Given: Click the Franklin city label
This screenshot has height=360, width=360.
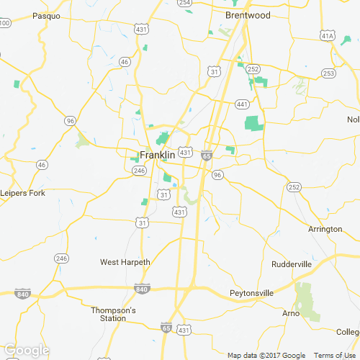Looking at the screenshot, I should pyautogui.click(x=157, y=155).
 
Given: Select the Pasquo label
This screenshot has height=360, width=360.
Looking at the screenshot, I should pyautogui.click(x=46, y=15).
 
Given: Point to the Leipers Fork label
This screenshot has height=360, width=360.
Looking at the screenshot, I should pyautogui.click(x=22, y=193).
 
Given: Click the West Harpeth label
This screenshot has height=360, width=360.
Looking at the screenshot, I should pyautogui.click(x=125, y=262).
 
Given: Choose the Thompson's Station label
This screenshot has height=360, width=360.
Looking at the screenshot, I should pyautogui.click(x=113, y=314).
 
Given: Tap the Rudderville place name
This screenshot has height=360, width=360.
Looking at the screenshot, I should pyautogui.click(x=292, y=264).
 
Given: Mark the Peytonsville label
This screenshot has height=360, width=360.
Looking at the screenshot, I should pyautogui.click(x=251, y=293).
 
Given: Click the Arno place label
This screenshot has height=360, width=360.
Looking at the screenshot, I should pyautogui.click(x=291, y=313).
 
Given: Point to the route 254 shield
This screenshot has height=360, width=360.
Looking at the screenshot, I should pyautogui.click(x=185, y=3).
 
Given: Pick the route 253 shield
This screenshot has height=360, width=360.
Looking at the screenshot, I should pyautogui.click(x=328, y=73).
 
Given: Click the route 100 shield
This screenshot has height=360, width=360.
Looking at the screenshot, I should pyautogui.click(x=5, y=23).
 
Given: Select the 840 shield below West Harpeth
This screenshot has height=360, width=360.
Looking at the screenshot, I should pyautogui.click(x=141, y=289).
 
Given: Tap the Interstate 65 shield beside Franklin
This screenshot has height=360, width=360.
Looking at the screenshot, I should pyautogui.click(x=207, y=155).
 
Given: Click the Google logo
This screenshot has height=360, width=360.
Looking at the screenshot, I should pyautogui.click(x=26, y=350).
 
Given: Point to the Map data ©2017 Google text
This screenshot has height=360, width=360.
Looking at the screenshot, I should pyautogui.click(x=266, y=356).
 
